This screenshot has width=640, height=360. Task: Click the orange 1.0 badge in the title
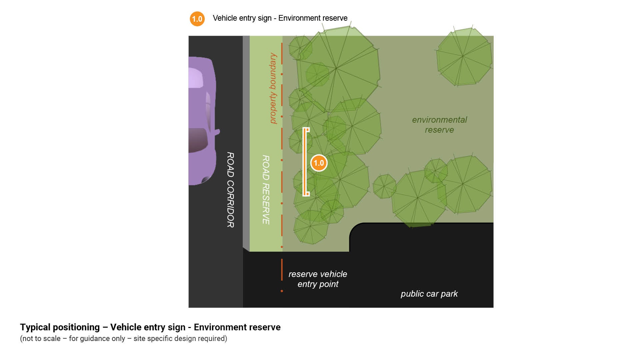(197, 19)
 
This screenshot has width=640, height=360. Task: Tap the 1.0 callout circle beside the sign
(319, 163)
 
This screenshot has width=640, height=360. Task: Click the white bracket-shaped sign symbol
(304, 162)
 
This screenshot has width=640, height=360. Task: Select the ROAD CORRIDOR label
(230, 190)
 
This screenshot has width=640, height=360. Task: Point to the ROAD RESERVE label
(266, 189)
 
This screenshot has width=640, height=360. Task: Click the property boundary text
(273, 88)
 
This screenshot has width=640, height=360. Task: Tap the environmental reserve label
(439, 125)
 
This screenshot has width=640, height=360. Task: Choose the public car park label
(429, 294)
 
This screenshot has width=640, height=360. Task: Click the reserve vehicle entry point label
(318, 279)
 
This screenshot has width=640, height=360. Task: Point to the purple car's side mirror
(217, 132)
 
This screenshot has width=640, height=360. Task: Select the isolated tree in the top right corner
(464, 57)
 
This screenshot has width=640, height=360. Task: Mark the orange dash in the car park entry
(282, 269)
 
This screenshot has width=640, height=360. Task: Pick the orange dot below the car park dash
(282, 291)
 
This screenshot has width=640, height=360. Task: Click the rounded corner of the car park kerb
(354, 229)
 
